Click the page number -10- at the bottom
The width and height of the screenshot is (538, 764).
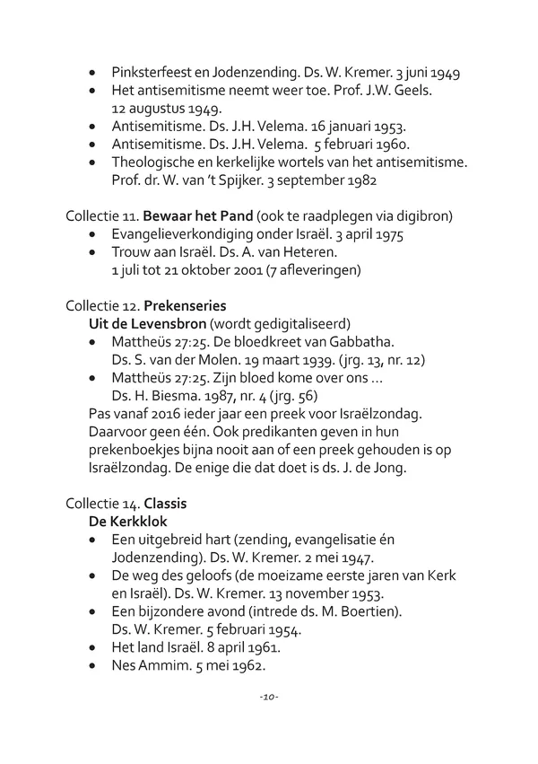coord(268,697)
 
